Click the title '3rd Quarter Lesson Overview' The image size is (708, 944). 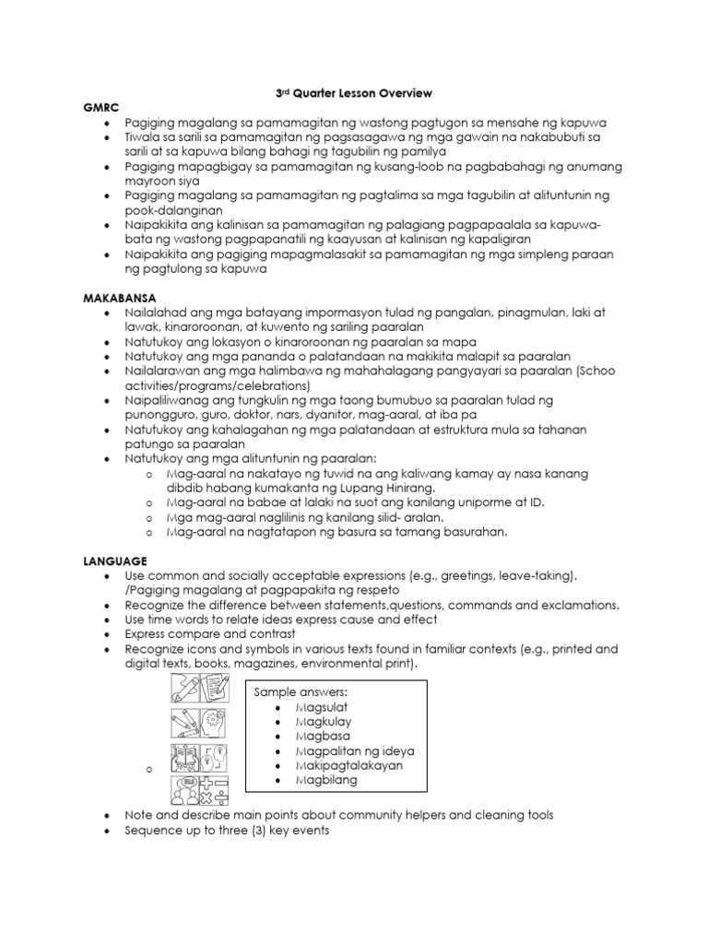354,93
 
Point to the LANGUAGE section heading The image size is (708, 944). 114,560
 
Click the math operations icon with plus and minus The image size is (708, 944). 215,790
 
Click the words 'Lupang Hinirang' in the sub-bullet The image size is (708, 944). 401,488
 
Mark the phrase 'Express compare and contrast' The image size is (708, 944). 211,634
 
